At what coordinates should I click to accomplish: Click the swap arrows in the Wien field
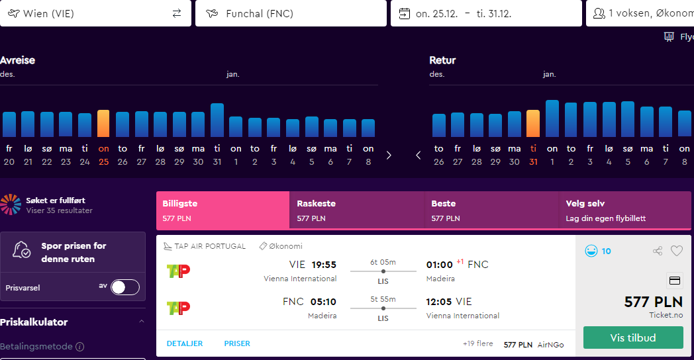(177, 13)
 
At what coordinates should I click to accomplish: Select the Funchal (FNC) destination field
(291, 13)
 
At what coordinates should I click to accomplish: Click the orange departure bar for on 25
(103, 123)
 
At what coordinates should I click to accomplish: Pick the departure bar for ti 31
(217, 120)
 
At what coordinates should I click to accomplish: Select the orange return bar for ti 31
(533, 123)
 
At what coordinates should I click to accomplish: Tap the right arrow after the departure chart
(389, 156)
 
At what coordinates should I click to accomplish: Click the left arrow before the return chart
(419, 156)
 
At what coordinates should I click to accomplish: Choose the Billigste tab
(223, 210)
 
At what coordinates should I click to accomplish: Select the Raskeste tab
(357, 210)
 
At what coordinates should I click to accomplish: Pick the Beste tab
(491, 210)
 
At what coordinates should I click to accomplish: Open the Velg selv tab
(624, 210)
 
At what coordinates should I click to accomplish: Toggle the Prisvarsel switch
(125, 287)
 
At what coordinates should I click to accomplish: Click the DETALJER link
(185, 343)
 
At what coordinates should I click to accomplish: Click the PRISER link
(237, 343)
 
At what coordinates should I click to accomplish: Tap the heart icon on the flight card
(677, 251)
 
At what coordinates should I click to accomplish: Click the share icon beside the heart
(658, 251)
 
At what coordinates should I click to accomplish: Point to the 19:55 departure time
(324, 265)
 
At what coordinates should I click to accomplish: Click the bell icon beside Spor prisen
(21, 250)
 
